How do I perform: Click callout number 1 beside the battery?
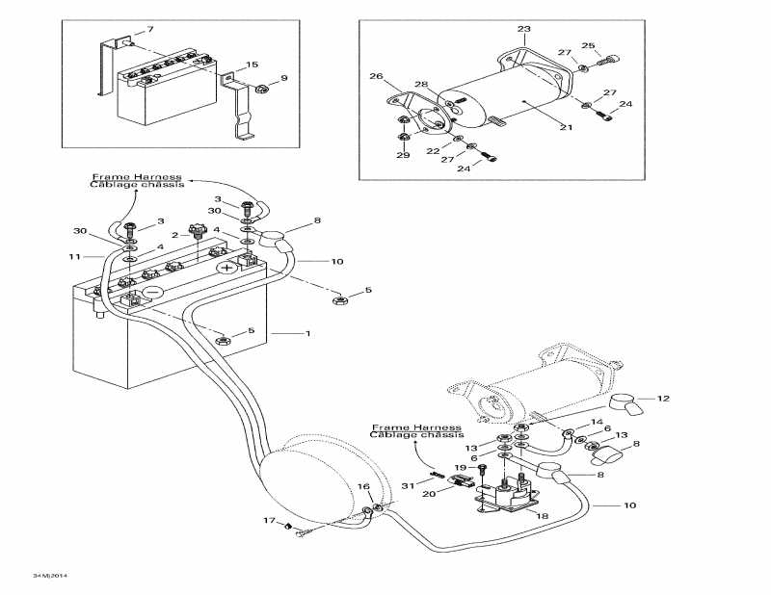307,333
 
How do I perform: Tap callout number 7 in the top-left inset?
149,30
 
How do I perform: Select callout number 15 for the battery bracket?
253,65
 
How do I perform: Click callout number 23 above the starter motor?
523,30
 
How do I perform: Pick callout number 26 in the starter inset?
376,76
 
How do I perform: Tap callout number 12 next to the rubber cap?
662,398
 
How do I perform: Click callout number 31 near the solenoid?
407,485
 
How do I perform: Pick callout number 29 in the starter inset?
403,155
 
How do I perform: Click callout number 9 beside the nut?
284,78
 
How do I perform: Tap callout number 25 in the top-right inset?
589,44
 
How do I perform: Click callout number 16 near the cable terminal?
363,487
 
